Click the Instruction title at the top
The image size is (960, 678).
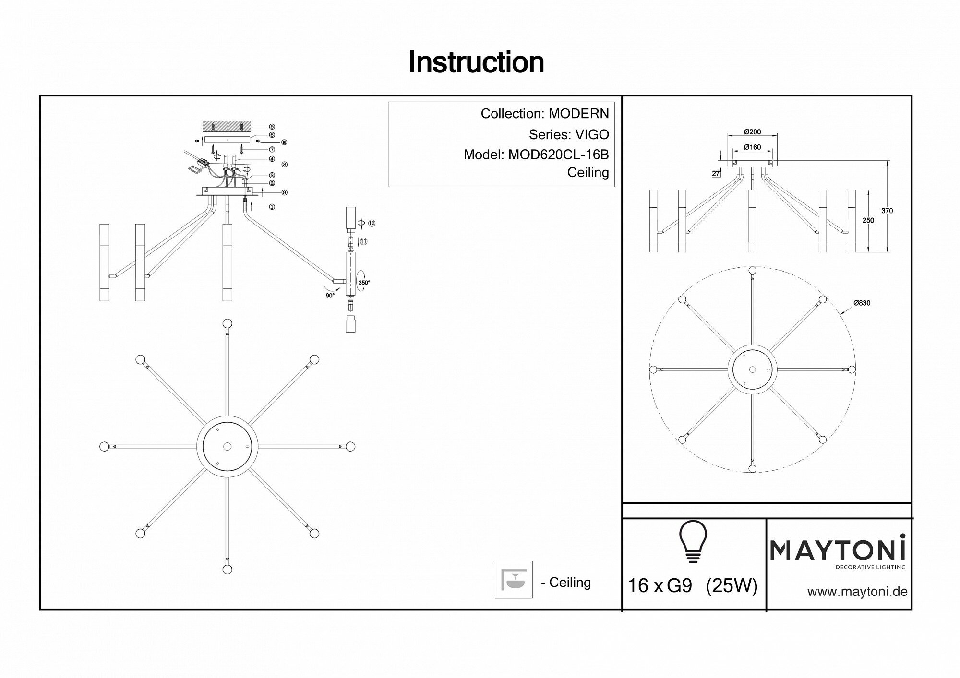tap(476, 62)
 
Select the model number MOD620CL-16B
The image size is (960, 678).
tap(558, 155)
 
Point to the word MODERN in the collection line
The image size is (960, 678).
tap(578, 113)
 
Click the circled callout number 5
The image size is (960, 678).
tap(271, 127)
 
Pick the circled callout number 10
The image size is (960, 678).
tap(284, 143)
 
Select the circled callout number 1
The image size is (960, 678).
tap(272, 207)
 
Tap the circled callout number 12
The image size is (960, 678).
tap(372, 223)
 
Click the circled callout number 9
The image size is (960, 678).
tap(284, 192)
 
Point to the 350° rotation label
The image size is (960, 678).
tap(364, 283)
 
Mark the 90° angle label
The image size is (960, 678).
tap(330, 296)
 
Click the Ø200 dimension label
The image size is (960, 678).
tap(752, 132)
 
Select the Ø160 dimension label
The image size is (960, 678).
tap(752, 147)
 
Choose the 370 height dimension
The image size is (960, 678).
tap(887, 211)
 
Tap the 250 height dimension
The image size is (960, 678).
tap(868, 221)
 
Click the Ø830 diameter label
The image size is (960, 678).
tap(862, 303)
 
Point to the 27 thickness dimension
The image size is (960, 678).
tap(716, 174)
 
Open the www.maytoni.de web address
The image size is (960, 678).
tap(857, 592)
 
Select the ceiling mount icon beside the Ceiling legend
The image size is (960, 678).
tap(514, 580)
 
